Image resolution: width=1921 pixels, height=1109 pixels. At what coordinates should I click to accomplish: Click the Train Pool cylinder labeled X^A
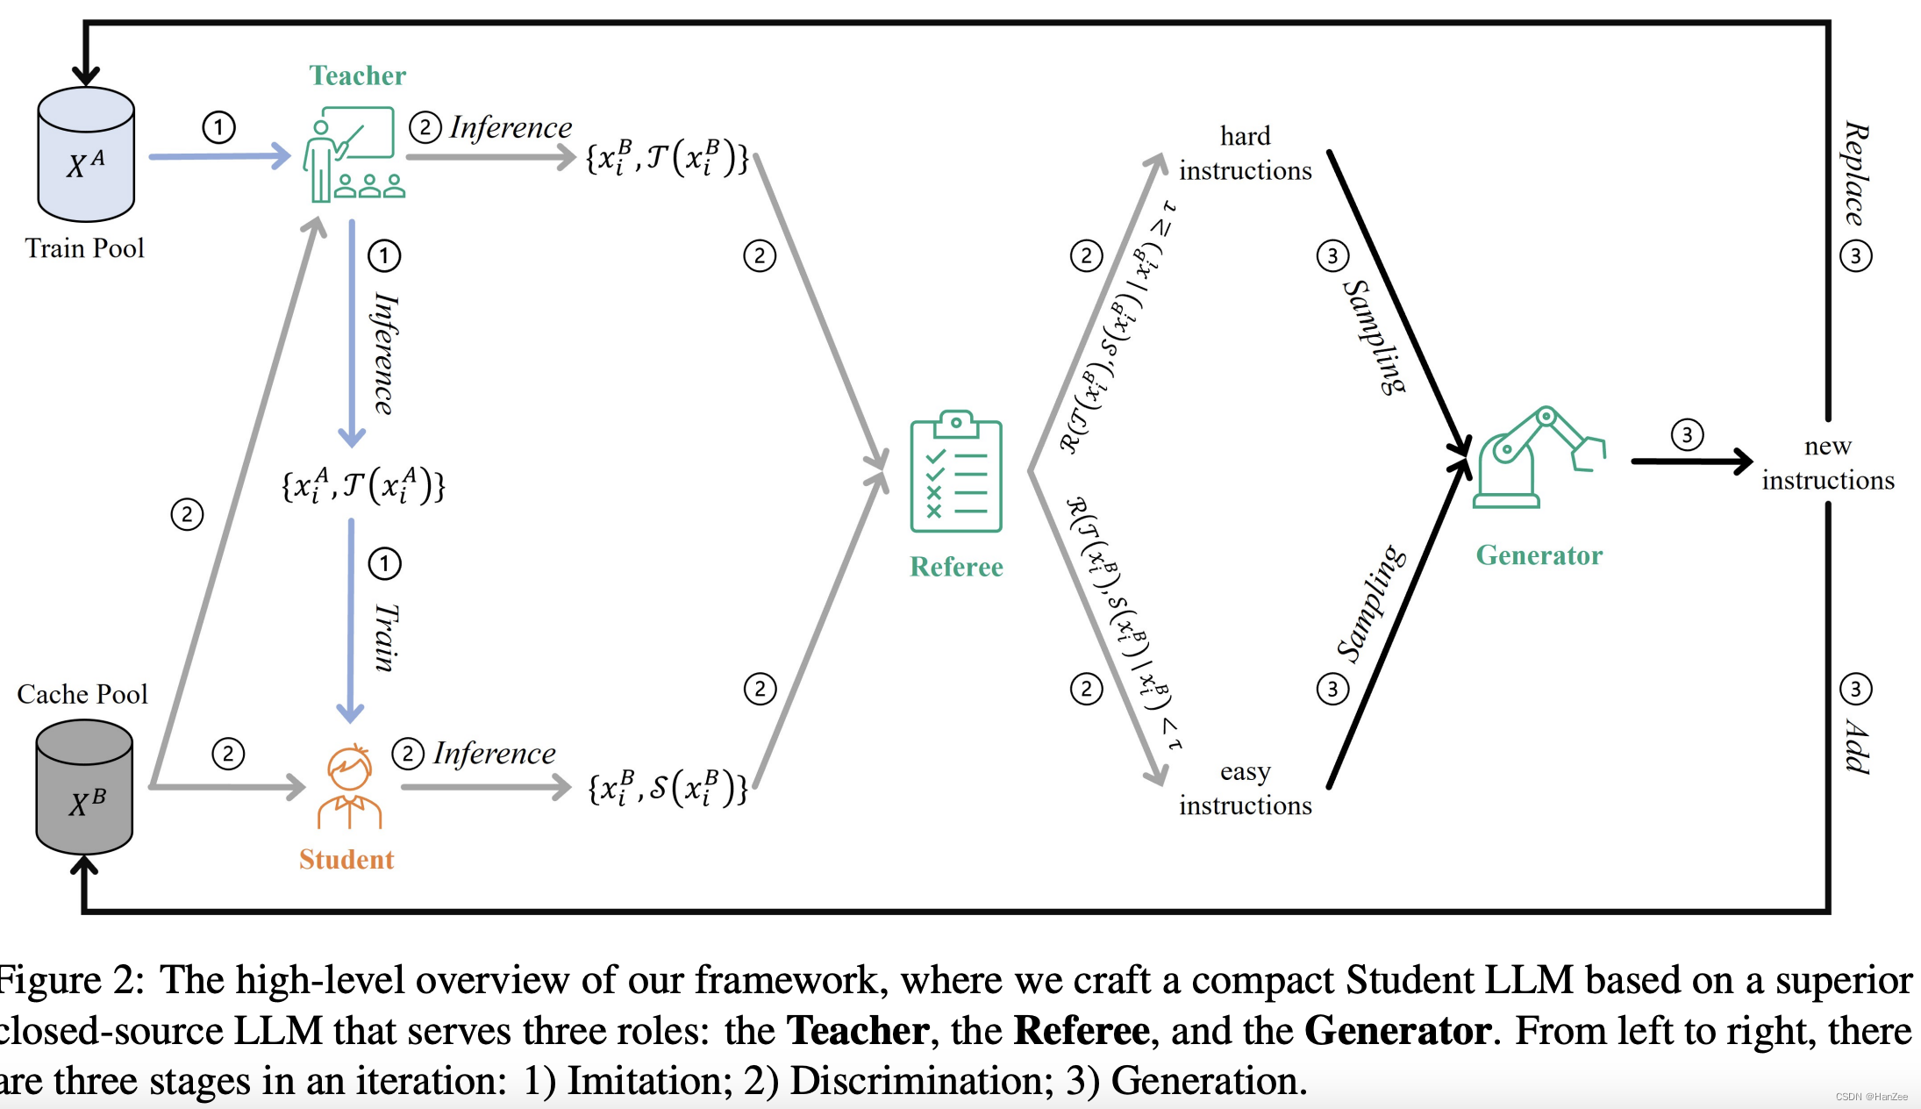[x=86, y=156]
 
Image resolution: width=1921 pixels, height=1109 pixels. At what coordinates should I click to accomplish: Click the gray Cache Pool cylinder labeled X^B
[x=84, y=788]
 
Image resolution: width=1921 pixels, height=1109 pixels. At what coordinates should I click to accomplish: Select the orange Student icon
[x=349, y=787]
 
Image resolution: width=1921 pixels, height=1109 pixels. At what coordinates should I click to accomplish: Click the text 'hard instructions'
[x=1245, y=153]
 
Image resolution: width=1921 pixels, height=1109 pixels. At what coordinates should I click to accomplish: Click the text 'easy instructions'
[x=1245, y=788]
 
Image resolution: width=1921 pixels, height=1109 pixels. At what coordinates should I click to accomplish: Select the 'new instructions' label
[x=1828, y=462]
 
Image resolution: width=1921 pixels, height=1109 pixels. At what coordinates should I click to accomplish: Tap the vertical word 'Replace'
[x=1854, y=173]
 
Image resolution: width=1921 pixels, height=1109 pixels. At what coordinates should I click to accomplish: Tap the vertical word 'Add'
[x=1854, y=746]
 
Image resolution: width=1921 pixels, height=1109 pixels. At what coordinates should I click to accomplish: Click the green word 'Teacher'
[x=357, y=75]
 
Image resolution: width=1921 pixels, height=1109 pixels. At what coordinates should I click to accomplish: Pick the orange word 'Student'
[x=346, y=859]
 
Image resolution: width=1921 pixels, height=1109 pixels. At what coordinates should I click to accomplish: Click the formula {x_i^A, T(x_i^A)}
[x=363, y=485]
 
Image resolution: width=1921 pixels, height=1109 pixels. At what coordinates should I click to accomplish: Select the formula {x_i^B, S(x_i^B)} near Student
[x=667, y=787]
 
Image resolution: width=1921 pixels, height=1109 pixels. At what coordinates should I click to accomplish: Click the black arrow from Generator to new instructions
[x=1689, y=461]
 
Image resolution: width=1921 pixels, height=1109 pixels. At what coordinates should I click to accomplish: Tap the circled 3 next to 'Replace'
[x=1855, y=256]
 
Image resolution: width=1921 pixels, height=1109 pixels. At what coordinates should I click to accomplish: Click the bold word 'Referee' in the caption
[x=1081, y=1030]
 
